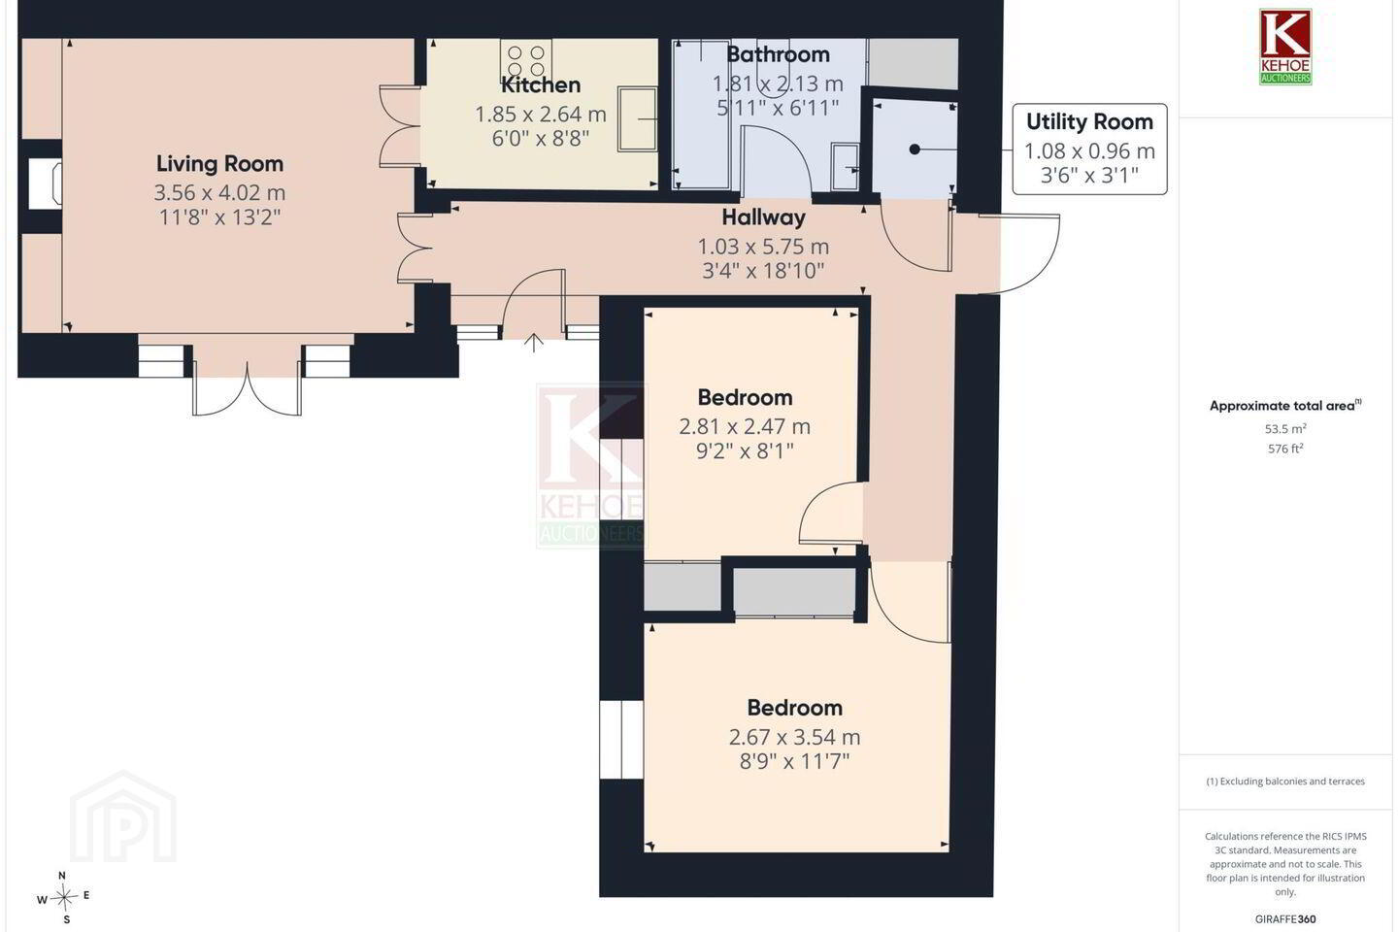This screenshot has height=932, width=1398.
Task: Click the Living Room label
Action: click(219, 164)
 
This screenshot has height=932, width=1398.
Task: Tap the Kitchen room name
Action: click(541, 84)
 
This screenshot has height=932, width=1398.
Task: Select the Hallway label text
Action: click(763, 217)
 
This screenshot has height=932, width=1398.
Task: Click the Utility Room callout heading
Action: click(1089, 121)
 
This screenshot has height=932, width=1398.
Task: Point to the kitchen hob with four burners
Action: click(526, 60)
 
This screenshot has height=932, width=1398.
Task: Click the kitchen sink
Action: click(637, 118)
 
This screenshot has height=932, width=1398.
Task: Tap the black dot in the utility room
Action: click(915, 150)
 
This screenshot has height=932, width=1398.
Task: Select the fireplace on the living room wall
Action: click(46, 184)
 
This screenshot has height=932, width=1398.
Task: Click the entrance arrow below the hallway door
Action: click(534, 343)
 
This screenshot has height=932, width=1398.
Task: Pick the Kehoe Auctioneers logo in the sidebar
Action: click(1285, 47)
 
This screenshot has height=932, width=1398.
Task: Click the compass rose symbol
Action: click(63, 898)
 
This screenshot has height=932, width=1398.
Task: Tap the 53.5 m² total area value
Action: click(1285, 429)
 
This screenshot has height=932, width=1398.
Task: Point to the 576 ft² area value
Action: click(1285, 449)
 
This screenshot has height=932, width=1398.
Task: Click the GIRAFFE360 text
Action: click(1285, 918)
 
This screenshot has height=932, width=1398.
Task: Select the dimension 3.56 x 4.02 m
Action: click(219, 192)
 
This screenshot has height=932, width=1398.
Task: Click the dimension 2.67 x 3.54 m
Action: click(794, 737)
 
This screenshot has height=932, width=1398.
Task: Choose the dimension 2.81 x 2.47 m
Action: click(745, 427)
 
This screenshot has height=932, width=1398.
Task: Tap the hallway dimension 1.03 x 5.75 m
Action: click(763, 248)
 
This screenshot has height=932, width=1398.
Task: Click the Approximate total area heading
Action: click(1285, 406)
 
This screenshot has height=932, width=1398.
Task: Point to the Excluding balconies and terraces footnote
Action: click(1285, 781)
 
